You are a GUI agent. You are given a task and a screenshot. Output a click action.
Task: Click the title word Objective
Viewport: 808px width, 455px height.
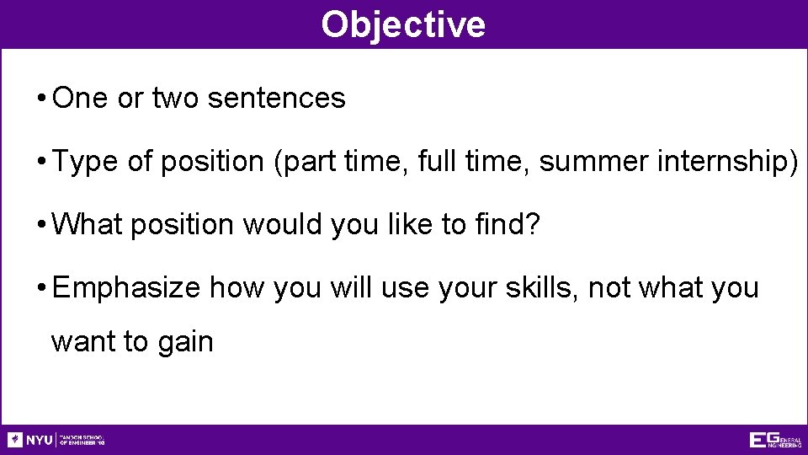(x=403, y=24)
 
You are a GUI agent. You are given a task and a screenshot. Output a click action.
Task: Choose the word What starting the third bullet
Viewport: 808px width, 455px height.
(x=87, y=225)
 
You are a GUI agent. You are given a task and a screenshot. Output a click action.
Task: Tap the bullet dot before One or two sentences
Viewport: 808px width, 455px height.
(x=41, y=99)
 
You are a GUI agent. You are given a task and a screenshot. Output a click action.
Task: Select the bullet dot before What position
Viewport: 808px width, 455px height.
(x=41, y=226)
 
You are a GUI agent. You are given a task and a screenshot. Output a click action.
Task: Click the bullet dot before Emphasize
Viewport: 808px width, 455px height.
(x=41, y=289)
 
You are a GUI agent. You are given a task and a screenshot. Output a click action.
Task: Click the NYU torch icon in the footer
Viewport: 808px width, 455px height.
(x=15, y=440)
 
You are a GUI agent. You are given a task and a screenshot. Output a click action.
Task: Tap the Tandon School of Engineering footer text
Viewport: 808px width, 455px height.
(x=82, y=440)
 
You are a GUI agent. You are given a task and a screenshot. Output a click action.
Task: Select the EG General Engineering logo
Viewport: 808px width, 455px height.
(x=774, y=440)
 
